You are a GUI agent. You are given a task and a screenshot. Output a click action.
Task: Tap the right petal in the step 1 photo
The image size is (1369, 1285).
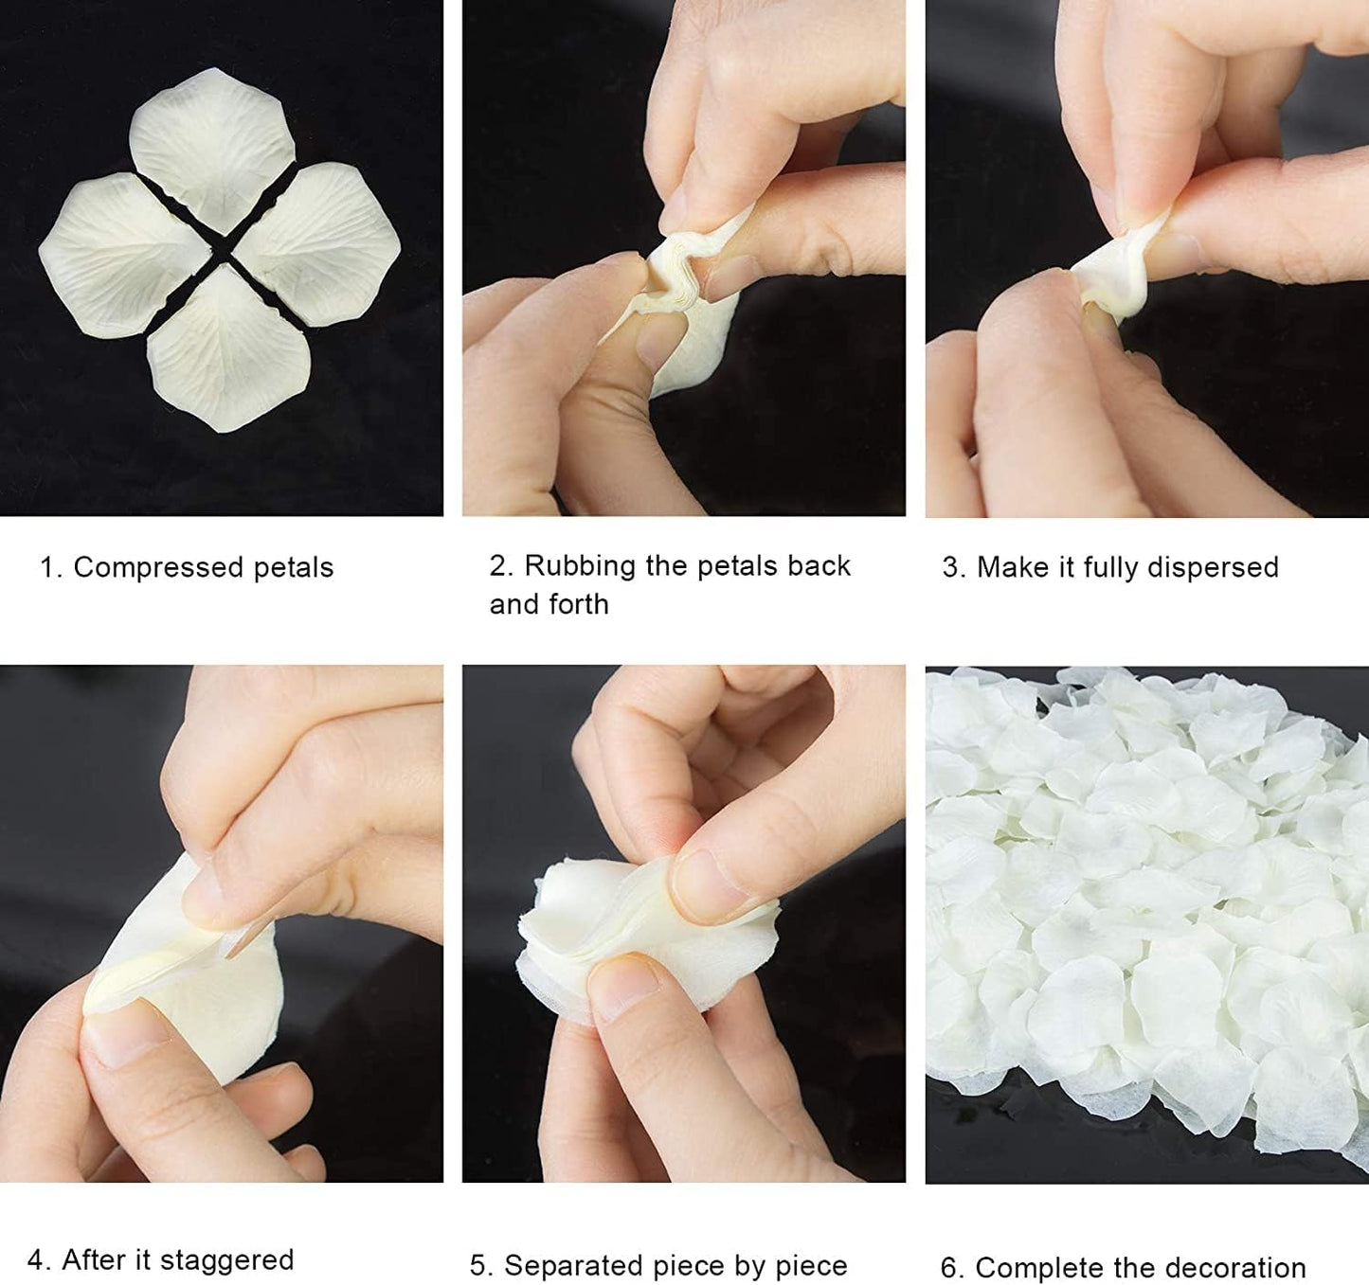(x=322, y=232)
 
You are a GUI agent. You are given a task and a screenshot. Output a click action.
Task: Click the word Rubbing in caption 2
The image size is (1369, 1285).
(x=580, y=566)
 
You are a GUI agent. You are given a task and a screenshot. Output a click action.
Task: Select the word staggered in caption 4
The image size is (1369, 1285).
(x=226, y=1260)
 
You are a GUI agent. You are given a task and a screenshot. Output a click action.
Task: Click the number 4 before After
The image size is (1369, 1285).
(x=36, y=1260)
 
